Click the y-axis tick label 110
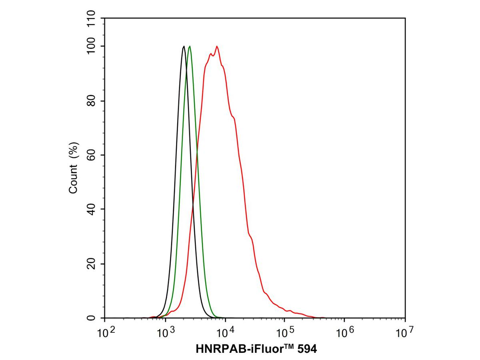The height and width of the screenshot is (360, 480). (92, 19)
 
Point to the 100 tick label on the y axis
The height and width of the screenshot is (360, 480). (92, 46)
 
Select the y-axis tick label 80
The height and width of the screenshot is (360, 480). (92, 101)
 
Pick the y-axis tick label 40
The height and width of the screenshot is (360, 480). (92, 209)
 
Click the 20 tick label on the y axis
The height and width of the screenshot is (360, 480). (92, 264)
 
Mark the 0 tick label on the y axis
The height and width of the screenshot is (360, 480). (92, 318)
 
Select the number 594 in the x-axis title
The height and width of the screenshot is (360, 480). (306, 349)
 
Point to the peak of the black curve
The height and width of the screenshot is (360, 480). (184, 46)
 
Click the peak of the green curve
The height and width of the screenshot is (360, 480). (190, 46)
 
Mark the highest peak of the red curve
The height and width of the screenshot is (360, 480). (217, 46)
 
